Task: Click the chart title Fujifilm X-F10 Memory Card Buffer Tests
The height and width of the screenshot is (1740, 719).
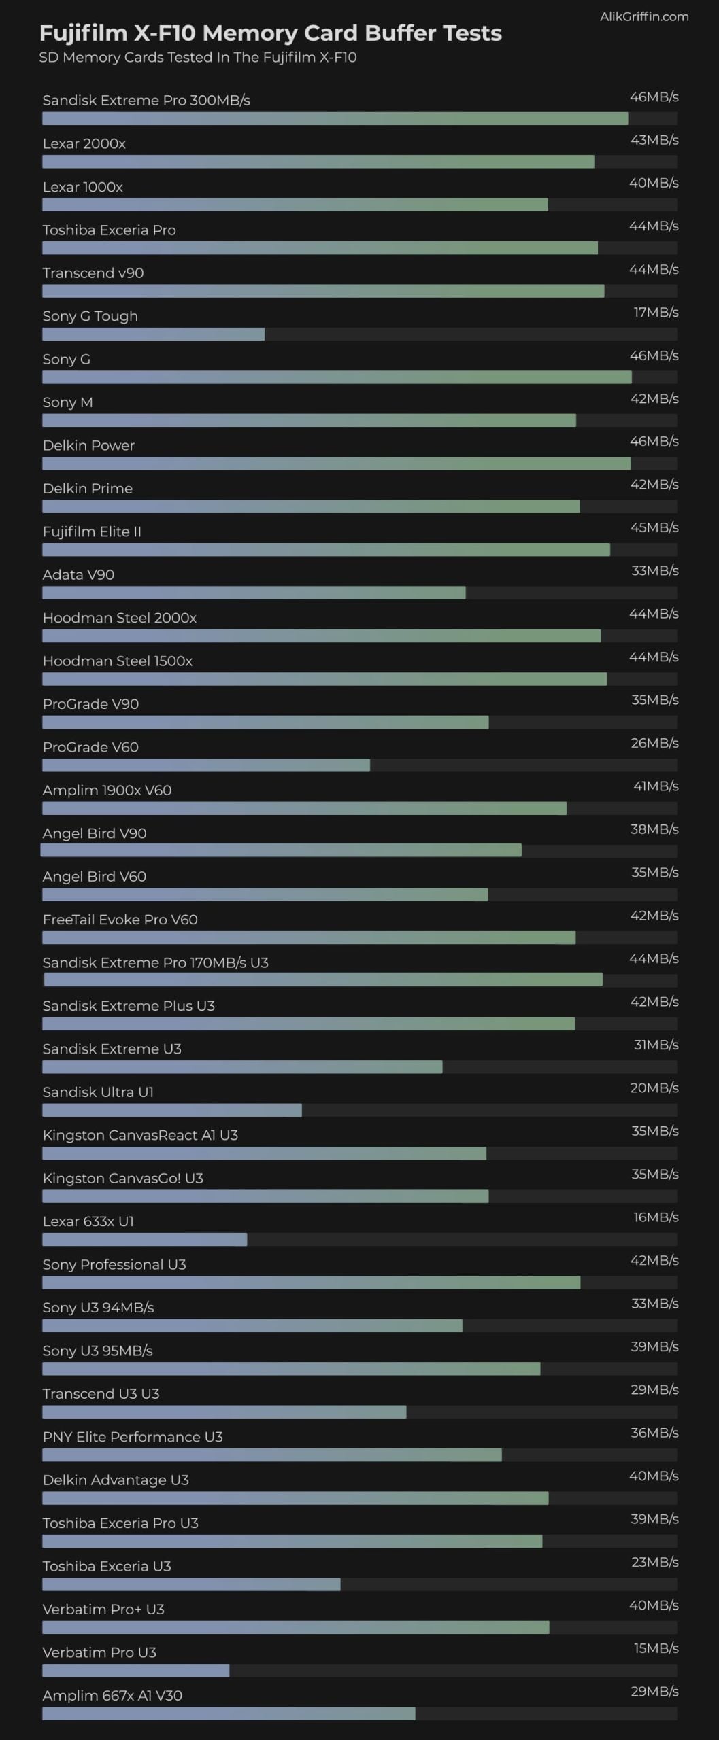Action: coord(270,33)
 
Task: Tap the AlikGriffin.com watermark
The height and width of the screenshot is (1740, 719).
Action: coord(643,16)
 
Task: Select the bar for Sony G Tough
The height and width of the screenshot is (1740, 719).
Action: coord(153,334)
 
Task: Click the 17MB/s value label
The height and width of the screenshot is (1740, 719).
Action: coord(655,312)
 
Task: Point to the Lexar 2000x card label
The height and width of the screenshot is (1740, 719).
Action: coord(84,143)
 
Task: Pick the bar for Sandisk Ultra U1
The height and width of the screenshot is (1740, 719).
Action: coord(171,1110)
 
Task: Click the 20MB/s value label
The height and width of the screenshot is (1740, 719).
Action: coord(654,1087)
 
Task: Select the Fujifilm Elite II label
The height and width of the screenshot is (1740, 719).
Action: coord(92,532)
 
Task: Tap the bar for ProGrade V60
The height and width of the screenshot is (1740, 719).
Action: coord(205,765)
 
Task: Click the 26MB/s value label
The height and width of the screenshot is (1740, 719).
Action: coord(654,743)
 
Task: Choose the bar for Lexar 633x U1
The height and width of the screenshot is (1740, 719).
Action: coord(144,1239)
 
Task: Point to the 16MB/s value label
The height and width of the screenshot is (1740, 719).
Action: coord(655,1217)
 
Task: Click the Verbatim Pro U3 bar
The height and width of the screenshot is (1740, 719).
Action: coord(135,1670)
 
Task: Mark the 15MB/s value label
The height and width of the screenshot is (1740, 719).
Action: coord(656,1648)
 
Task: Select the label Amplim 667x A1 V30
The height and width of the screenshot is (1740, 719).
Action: coord(112,1695)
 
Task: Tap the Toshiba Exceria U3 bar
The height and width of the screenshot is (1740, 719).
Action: coord(191,1584)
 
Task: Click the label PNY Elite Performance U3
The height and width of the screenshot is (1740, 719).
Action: coord(133,1436)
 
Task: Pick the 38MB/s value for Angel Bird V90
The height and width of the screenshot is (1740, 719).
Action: coord(654,829)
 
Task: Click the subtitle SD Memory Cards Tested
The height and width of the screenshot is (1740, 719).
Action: coord(197,57)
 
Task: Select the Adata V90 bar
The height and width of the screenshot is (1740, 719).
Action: coord(254,593)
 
